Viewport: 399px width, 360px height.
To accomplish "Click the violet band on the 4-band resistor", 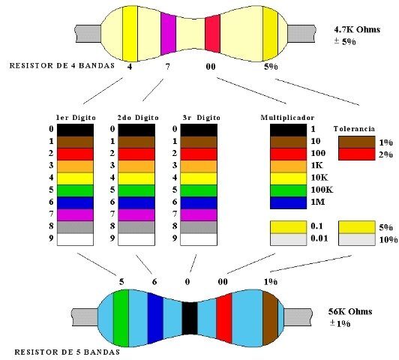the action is coord(168,34).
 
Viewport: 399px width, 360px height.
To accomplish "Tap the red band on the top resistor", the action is coord(212,34).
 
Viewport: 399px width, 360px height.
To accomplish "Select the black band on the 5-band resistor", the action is coord(190,318).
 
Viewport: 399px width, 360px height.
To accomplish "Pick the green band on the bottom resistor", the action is coord(121,318).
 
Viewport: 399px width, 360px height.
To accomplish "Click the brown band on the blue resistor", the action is coord(270,318).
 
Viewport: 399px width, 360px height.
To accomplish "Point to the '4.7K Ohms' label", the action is coord(357,29).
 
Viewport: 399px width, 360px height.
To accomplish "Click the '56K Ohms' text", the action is coord(350,312).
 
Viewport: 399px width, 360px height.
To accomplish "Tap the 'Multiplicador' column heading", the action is coord(287,118).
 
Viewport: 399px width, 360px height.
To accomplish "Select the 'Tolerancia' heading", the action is coord(354,129).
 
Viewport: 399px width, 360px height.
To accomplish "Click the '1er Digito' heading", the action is coord(76,118).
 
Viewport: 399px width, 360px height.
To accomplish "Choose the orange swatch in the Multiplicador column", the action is coord(288,166).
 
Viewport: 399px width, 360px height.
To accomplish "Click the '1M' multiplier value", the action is coord(318,202).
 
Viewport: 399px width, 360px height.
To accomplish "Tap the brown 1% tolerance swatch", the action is coord(357,142).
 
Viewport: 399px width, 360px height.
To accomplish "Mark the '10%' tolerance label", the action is coord(388,240).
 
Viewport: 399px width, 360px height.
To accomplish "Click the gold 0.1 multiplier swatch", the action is coord(288,227).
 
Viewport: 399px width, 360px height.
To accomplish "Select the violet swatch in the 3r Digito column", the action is coord(199,215).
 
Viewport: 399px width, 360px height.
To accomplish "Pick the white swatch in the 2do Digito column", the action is coord(136,239).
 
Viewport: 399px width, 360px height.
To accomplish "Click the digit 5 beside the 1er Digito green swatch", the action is coord(52,190).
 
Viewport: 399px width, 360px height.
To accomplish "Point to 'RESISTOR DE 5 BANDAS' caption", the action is coord(67,352).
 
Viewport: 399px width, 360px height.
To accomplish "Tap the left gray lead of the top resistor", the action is coord(88,34).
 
